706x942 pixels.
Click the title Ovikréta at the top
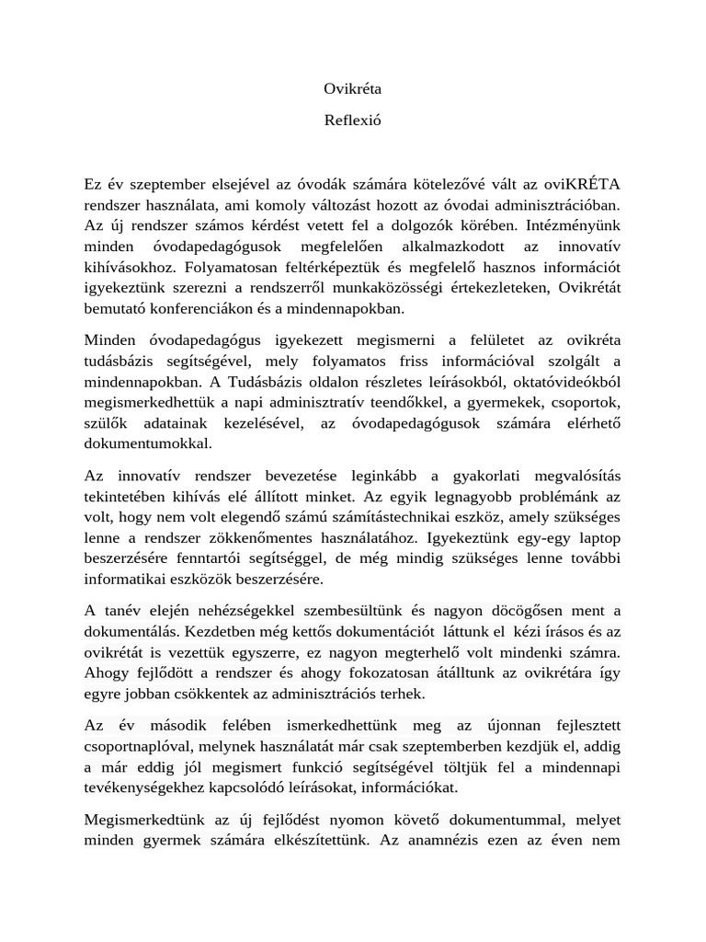pyautogui.click(x=352, y=89)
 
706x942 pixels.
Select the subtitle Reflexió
pyautogui.click(x=352, y=120)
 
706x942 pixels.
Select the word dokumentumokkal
pyautogui.click(x=148, y=442)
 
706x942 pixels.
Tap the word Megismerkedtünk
pyautogui.click(x=142, y=818)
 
